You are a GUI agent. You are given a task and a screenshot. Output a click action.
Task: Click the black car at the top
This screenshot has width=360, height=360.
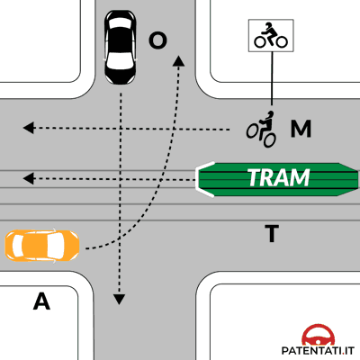coord(120,48)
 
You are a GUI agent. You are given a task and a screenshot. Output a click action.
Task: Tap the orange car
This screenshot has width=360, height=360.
coord(42,246)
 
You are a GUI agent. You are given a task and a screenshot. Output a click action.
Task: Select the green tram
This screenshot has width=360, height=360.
coord(277,179)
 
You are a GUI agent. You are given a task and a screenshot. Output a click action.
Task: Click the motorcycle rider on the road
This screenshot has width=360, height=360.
coord(262,129)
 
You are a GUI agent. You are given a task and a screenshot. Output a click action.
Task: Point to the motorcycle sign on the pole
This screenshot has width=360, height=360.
coord(271,35)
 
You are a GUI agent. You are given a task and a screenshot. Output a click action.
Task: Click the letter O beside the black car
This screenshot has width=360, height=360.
coord(157,40)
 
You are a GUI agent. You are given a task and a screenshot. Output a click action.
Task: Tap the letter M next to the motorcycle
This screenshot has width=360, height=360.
coord(301,129)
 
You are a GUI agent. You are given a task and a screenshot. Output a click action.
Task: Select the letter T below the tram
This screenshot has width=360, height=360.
coord(272,233)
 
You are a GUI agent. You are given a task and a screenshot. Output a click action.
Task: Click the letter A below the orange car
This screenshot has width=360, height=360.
coord(41,301)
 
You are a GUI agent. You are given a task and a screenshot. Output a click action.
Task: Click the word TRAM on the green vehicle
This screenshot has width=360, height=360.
coord(279,177)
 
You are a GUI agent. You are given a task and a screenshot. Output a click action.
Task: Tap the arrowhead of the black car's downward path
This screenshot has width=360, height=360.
coord(119,299)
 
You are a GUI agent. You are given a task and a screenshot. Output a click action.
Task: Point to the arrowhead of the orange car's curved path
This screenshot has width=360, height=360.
coord(179,61)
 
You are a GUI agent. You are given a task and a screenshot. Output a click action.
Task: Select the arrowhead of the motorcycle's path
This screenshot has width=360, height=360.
coord(29,128)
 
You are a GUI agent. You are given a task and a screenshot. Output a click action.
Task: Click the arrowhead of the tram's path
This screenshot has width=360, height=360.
coord(29,179)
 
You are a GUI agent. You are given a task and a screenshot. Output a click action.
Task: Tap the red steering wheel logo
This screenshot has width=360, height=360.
coord(318,335)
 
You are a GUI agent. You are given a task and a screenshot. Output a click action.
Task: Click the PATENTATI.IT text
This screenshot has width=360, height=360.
coord(318,350)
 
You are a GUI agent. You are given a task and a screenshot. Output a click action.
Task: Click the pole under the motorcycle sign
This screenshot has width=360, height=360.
coord(272,78)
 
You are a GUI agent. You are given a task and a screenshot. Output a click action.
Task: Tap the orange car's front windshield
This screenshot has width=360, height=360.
coord(57,246)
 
